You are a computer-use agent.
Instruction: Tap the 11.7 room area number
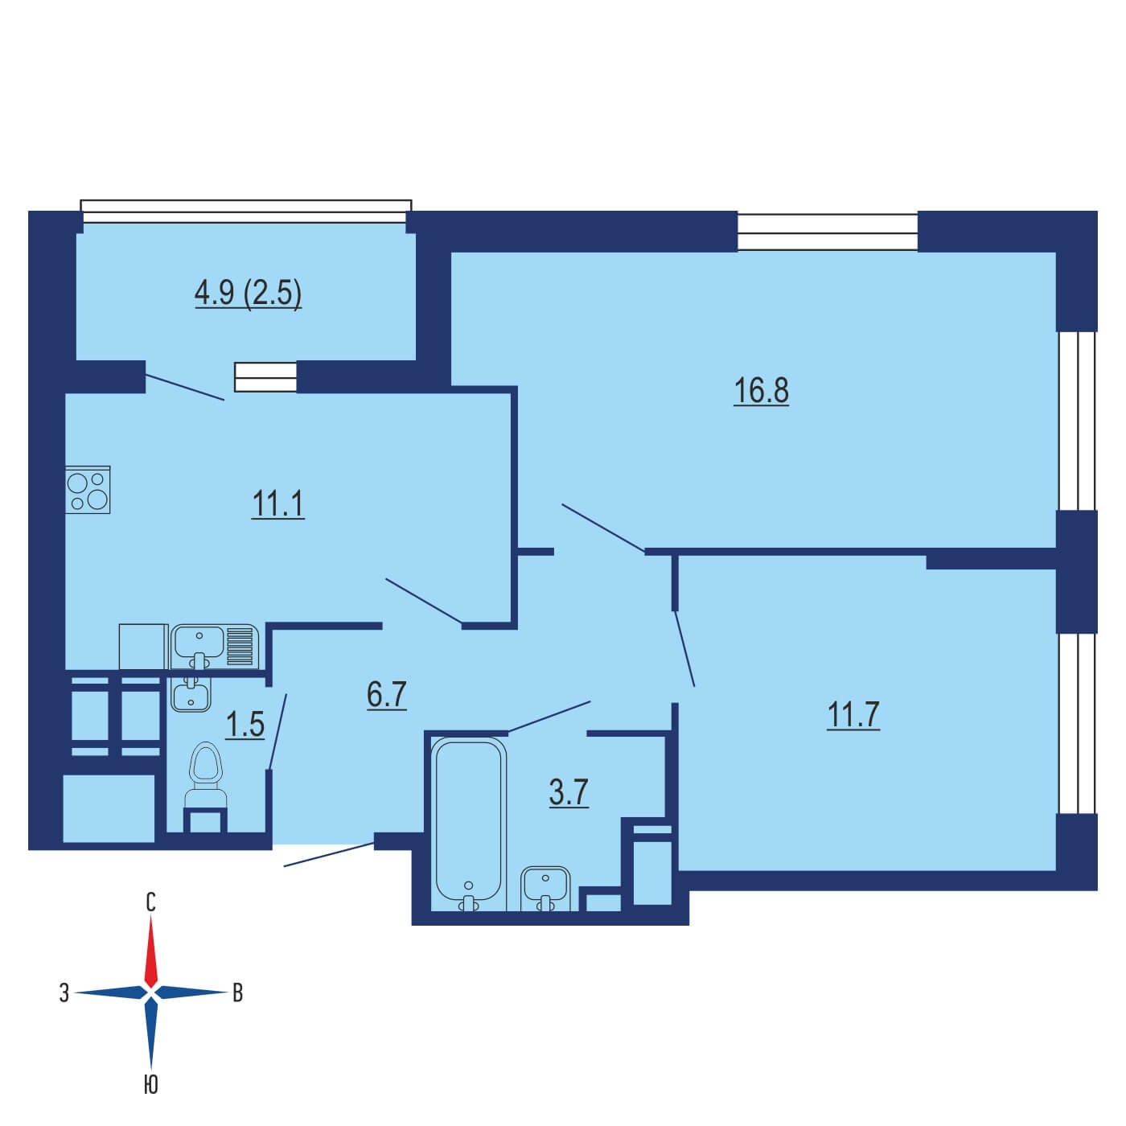(853, 714)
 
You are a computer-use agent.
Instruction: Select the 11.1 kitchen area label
(278, 503)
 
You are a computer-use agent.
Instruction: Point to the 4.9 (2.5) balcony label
(249, 293)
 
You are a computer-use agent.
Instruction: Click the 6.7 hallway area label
(386, 695)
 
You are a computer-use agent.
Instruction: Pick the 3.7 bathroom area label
(569, 793)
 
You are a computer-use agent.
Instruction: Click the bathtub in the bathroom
(469, 824)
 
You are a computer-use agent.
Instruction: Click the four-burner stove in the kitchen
(88, 490)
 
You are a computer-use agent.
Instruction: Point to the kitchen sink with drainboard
(215, 647)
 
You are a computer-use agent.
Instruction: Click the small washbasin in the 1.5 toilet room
(191, 694)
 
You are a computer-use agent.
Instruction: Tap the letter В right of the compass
(238, 992)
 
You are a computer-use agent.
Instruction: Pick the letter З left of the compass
(64, 992)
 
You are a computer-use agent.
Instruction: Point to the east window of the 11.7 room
(1077, 723)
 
